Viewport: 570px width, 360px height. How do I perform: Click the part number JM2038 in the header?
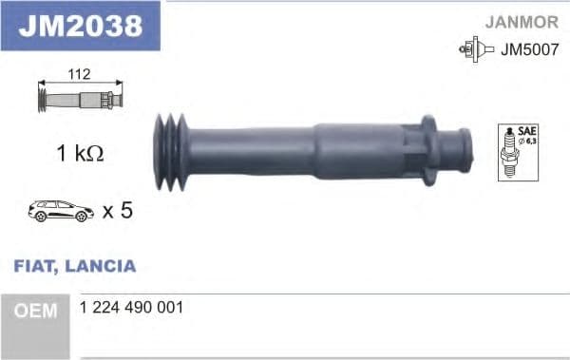pyautogui.click(x=80, y=26)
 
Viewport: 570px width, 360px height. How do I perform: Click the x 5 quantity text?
pyautogui.click(x=116, y=210)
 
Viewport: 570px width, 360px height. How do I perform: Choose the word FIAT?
pyautogui.click(x=34, y=266)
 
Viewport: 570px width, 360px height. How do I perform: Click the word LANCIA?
pyautogui.click(x=101, y=266)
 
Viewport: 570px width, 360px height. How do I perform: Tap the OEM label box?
pyautogui.click(x=35, y=311)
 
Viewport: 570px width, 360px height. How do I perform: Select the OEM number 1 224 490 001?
pyautogui.click(x=134, y=309)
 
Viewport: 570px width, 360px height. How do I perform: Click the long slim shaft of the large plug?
pyautogui.click(x=252, y=150)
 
